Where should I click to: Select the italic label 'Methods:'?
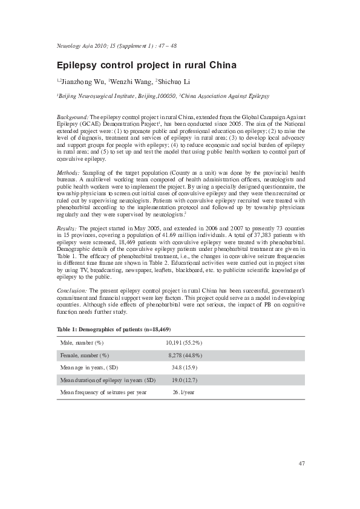[x=68, y=172]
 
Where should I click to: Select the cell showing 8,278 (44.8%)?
[x=185, y=355]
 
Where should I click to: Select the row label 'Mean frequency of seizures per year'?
[x=103, y=392]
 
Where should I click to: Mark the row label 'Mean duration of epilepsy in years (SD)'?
[x=108, y=380]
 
